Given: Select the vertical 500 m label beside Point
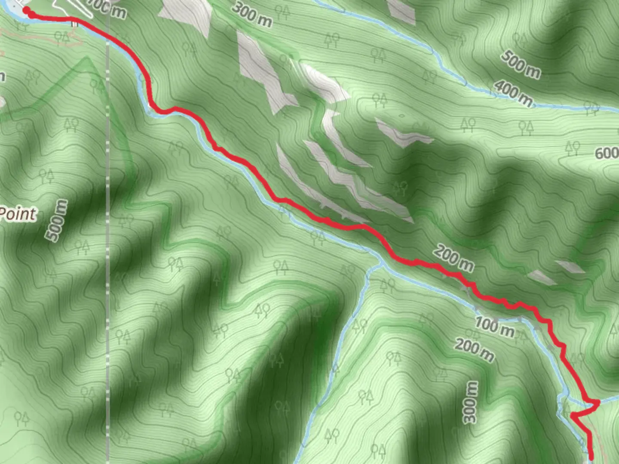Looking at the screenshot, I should click(57, 220).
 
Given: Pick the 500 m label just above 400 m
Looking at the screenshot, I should click(521, 64).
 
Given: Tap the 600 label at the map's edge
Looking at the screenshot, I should click(606, 153).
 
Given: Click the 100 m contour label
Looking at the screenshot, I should click(494, 327).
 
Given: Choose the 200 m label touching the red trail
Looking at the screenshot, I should click(454, 257).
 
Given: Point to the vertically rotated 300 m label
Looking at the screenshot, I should click(471, 402).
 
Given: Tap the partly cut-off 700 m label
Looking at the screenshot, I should click(107, 9).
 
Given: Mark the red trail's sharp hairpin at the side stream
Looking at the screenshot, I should click(598, 403).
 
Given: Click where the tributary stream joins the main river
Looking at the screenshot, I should click(380, 263).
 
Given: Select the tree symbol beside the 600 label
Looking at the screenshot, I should click(573, 148).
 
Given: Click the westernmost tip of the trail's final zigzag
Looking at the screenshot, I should click(572, 415).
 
